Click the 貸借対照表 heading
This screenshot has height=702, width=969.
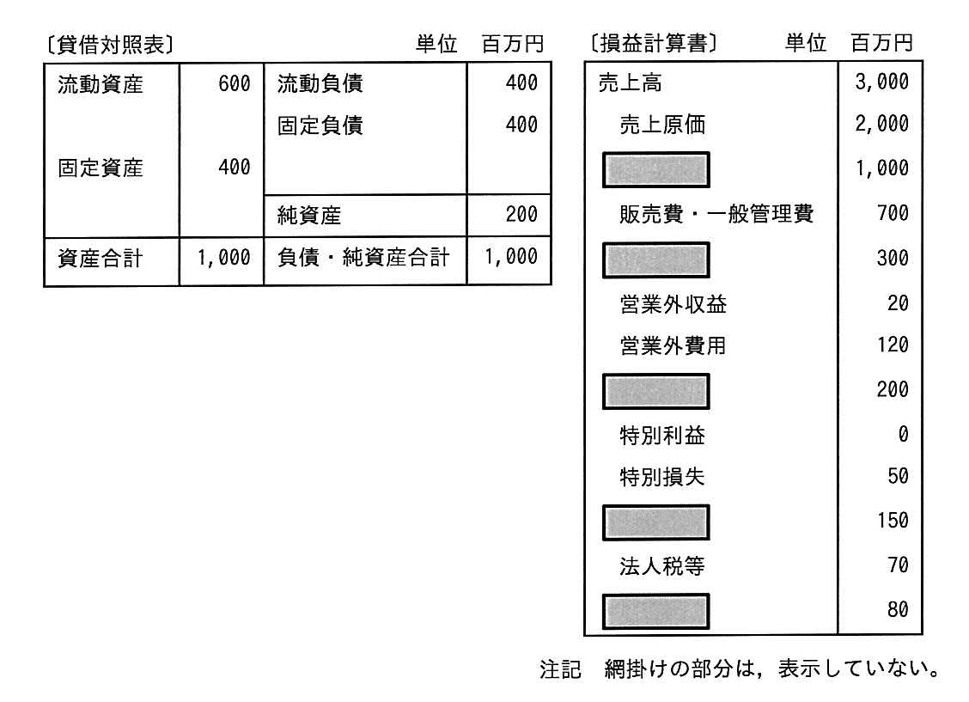click(x=110, y=45)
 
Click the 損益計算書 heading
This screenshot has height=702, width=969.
click(x=653, y=43)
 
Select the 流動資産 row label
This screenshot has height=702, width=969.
click(x=101, y=84)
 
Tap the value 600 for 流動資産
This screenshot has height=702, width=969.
click(x=235, y=83)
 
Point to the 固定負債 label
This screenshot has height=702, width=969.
click(x=320, y=125)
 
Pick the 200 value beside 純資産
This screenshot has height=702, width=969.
click(x=521, y=215)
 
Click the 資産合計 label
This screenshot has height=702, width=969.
click(x=101, y=258)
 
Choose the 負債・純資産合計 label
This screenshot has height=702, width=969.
click(x=363, y=257)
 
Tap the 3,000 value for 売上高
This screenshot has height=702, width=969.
click(x=882, y=82)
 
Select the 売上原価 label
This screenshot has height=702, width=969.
click(x=662, y=125)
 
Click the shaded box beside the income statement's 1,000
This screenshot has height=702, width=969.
click(x=655, y=170)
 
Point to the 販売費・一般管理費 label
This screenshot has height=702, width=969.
click(x=716, y=214)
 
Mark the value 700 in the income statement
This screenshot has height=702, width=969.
click(x=893, y=213)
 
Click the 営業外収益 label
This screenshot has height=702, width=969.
click(x=673, y=304)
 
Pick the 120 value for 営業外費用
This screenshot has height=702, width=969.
click(x=893, y=345)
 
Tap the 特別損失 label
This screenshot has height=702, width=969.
click(x=662, y=477)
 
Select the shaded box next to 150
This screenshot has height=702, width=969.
click(x=655, y=522)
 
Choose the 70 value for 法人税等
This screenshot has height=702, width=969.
click(x=899, y=565)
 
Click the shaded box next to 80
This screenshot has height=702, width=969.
click(x=655, y=611)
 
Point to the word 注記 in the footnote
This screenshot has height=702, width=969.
click(x=560, y=669)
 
